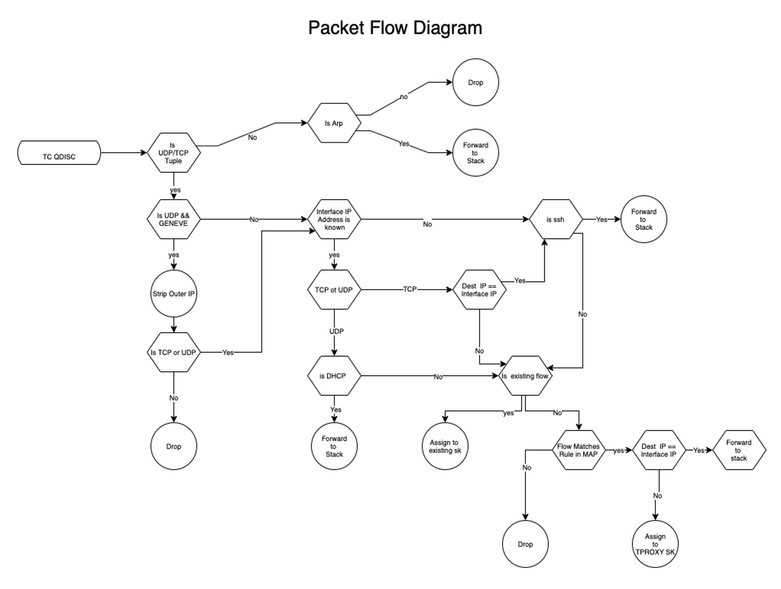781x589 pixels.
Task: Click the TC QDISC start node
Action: (x=59, y=153)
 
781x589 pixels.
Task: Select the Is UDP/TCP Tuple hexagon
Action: (x=173, y=153)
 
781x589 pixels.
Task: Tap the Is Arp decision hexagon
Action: (x=334, y=123)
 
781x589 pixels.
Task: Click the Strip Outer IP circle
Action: (x=173, y=293)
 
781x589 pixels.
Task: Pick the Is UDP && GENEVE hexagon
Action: (x=173, y=219)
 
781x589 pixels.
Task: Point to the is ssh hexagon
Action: (x=555, y=219)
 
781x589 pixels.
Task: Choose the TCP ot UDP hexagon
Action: (x=334, y=290)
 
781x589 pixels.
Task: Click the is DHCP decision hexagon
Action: (x=334, y=375)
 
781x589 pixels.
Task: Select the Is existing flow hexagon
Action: (x=525, y=375)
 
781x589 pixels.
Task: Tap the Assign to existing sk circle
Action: (x=445, y=446)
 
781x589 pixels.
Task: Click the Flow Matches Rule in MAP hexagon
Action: (x=578, y=450)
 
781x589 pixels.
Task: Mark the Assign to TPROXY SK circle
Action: (x=655, y=544)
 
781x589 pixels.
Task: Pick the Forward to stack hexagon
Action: (x=739, y=450)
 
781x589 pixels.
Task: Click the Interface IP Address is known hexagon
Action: (x=334, y=219)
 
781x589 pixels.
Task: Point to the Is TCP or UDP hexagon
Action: (x=173, y=352)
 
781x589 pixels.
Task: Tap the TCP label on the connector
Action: (x=410, y=289)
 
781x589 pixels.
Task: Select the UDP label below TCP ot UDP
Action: (x=336, y=331)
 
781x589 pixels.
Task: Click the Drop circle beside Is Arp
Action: (x=476, y=82)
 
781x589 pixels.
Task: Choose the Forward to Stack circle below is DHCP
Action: (x=334, y=446)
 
